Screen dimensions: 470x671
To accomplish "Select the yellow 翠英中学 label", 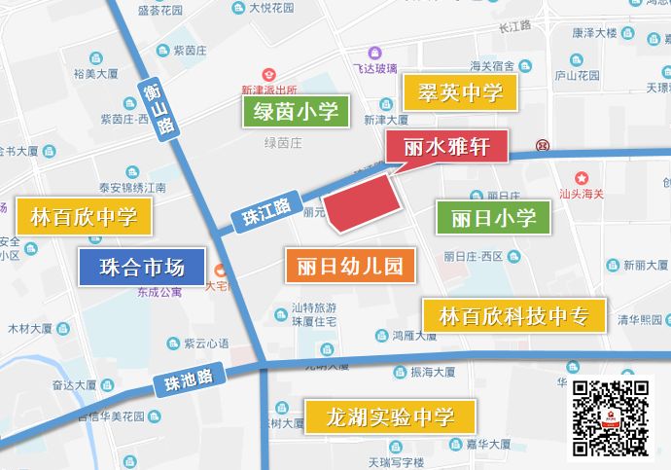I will point(460,93).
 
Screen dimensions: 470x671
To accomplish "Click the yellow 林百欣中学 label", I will point(84,217).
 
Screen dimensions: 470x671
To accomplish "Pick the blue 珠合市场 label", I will point(141,266).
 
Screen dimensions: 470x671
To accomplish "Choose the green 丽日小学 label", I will point(494,217).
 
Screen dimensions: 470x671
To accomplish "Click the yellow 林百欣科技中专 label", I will point(513,315).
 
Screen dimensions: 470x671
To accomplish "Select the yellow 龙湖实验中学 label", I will point(390,417).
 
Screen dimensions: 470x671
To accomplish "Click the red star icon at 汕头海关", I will point(582,177).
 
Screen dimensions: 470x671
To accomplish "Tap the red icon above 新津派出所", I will point(268,74).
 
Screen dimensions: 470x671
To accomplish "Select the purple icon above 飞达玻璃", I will point(374,54).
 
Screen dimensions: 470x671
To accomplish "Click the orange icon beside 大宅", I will point(221,271).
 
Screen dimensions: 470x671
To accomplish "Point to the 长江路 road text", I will point(514,26).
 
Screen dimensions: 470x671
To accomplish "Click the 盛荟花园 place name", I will point(161,10).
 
